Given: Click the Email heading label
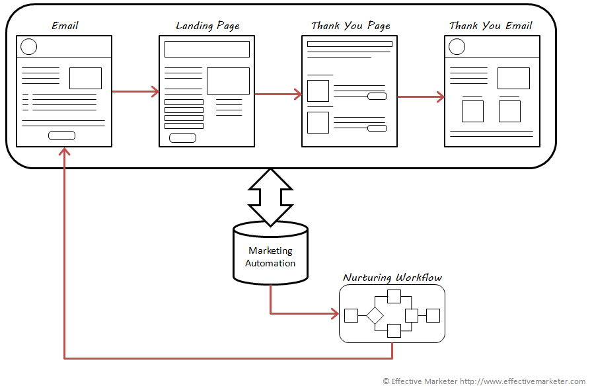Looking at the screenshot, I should click(65, 26).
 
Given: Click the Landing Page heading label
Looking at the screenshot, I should click(207, 26).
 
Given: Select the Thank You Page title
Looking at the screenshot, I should click(350, 26).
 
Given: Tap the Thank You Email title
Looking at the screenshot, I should click(491, 26).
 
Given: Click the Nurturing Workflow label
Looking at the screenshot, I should click(392, 278).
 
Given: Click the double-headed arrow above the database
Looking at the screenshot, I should click(270, 197).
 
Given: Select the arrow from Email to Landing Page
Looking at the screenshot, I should click(135, 91).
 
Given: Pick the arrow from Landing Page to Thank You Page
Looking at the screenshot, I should click(278, 95).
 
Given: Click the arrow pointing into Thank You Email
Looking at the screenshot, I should click(421, 97).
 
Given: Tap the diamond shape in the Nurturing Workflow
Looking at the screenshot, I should click(375, 315).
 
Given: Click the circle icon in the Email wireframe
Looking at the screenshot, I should click(28, 47).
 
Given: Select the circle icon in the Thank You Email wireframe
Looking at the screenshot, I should click(457, 47).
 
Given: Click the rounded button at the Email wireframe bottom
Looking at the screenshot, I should click(61, 136).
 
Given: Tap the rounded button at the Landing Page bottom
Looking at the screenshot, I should click(182, 137).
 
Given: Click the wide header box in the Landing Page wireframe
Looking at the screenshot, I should click(207, 49).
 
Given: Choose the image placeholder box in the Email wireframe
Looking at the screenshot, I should click(85, 78).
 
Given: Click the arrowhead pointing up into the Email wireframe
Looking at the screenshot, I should click(64, 152).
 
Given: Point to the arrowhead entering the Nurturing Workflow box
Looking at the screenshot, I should click(334, 313).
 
